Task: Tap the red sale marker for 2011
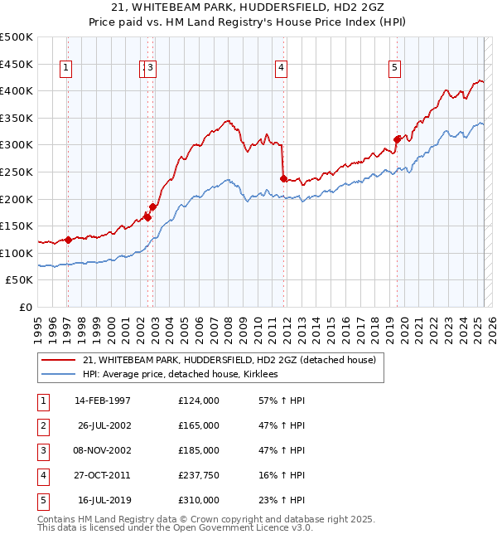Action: [283, 178]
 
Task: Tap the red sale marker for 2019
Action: [397, 139]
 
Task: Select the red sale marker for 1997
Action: [68, 240]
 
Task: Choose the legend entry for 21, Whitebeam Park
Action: [229, 360]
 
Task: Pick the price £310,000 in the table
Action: [198, 500]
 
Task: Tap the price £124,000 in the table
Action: [198, 401]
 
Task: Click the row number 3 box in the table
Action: [42, 450]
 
